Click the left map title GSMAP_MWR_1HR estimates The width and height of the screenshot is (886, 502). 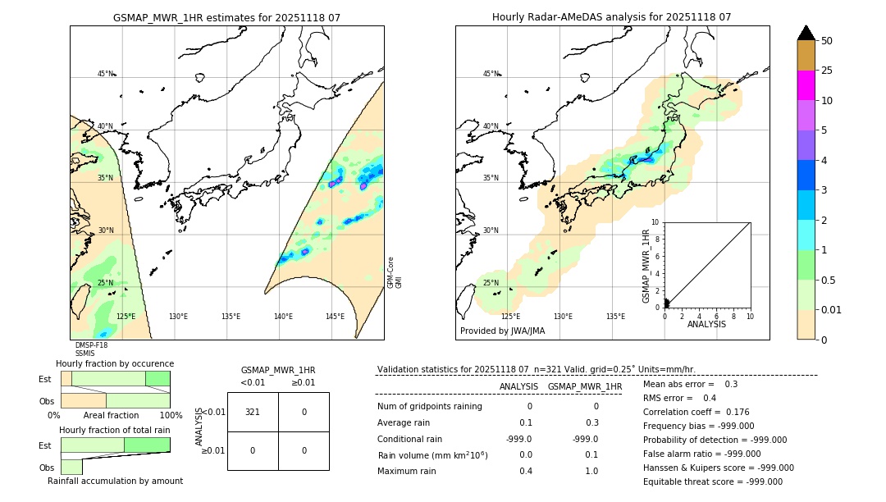(x=226, y=17)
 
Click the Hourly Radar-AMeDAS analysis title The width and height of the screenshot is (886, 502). (x=611, y=17)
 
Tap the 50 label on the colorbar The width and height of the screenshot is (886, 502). (x=827, y=41)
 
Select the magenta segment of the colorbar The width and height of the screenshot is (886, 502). (x=806, y=85)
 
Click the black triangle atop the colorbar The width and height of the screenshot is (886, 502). (x=806, y=33)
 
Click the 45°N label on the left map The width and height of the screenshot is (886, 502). (x=105, y=74)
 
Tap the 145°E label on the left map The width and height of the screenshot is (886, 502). (x=335, y=317)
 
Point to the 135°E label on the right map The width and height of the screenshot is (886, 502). (x=615, y=317)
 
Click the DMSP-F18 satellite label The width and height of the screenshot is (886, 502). (x=91, y=345)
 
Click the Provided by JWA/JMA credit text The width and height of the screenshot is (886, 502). (x=502, y=331)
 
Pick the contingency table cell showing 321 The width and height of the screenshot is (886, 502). (x=253, y=412)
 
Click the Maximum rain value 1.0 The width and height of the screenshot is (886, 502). (x=591, y=471)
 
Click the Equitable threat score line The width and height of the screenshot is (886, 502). (x=713, y=481)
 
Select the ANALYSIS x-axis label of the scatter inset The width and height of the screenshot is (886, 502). (x=706, y=324)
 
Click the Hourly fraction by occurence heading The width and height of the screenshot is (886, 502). (x=115, y=363)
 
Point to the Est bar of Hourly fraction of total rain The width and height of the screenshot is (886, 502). (x=115, y=445)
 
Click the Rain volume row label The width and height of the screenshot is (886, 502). (x=432, y=455)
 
